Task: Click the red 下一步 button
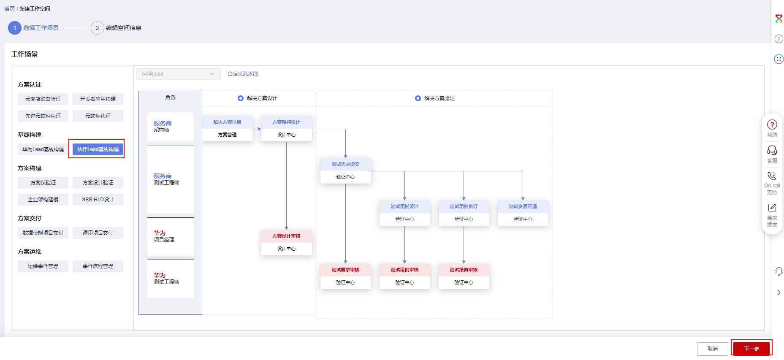(751, 349)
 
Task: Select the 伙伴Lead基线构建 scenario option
(98, 149)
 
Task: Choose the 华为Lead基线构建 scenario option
(43, 149)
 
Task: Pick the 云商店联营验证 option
(43, 99)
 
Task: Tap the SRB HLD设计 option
(98, 199)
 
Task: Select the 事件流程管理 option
(98, 266)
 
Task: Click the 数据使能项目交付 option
(43, 233)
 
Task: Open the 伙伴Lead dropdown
(178, 74)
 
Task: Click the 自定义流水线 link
(243, 74)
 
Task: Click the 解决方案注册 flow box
(227, 129)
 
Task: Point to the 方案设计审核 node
(286, 243)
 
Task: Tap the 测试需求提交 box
(345, 171)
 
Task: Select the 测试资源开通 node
(523, 213)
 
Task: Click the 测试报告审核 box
(464, 276)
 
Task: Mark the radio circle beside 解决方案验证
(418, 98)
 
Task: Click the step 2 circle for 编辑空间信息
(98, 28)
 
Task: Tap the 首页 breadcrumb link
(10, 8)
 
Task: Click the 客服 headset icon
(772, 150)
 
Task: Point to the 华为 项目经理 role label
(164, 236)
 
